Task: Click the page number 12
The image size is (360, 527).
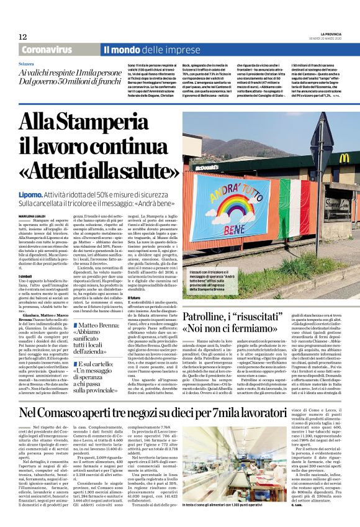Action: pyautogui.click(x=23, y=37)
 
